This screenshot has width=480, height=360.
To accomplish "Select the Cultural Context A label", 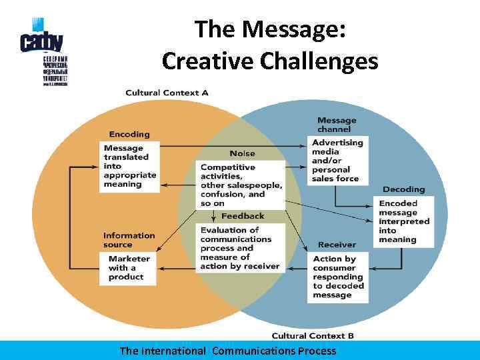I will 167,93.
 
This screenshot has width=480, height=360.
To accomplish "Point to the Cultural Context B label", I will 313,335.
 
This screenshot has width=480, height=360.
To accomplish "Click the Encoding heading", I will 129,134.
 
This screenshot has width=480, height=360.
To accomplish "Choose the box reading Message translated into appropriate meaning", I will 129,166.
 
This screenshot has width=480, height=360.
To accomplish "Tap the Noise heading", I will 242,153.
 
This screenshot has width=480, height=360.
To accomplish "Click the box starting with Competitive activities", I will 241,185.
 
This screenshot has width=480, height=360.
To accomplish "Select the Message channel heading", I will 337,125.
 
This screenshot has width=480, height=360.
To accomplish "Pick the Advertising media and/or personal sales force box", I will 337,160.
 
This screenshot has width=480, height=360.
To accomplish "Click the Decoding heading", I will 403,189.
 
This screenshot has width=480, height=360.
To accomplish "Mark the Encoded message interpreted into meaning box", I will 404,221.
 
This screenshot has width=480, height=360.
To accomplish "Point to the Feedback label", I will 243,216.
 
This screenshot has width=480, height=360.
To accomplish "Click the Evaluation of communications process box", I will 240,248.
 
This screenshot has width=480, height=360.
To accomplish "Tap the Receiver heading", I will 337,245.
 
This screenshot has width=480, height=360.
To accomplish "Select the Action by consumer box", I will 338,277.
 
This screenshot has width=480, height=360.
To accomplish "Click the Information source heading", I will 129,239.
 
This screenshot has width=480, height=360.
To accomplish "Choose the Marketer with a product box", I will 129,268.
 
